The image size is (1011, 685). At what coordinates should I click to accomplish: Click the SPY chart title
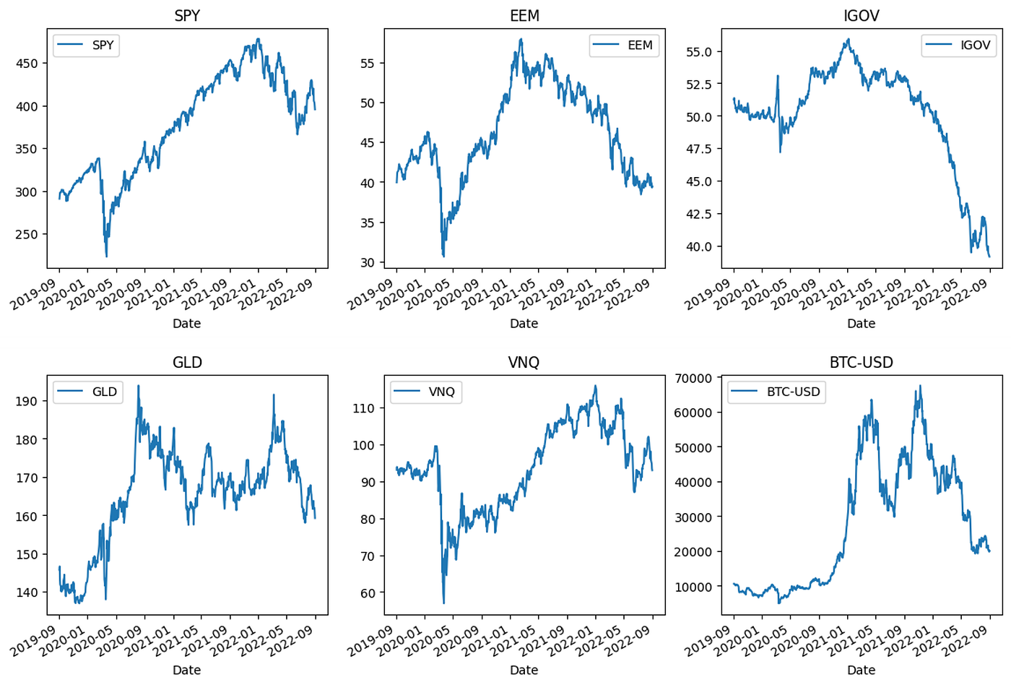point(187,16)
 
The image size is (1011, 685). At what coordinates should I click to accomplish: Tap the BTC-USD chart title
point(861,362)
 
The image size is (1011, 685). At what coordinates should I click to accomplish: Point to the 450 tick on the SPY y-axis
point(27,64)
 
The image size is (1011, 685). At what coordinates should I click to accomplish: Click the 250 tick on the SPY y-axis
point(27,235)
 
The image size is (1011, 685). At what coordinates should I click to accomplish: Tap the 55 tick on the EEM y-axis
point(368,64)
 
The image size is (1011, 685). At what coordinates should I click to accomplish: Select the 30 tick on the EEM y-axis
point(368,263)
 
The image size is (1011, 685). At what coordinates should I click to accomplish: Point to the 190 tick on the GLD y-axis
point(27,401)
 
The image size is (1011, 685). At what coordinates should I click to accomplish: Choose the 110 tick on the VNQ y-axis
point(364,408)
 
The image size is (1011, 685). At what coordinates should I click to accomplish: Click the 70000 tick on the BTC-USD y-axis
point(693,378)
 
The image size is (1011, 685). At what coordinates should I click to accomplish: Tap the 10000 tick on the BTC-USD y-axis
point(693,587)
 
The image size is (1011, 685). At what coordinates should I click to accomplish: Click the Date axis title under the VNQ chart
point(524,670)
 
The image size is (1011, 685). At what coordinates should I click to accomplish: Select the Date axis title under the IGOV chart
point(861,324)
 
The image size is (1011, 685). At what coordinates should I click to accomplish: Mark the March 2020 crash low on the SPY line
point(107,257)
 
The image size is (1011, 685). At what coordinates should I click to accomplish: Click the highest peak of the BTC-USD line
point(919,386)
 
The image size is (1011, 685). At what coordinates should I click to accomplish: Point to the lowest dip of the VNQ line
point(443,603)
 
